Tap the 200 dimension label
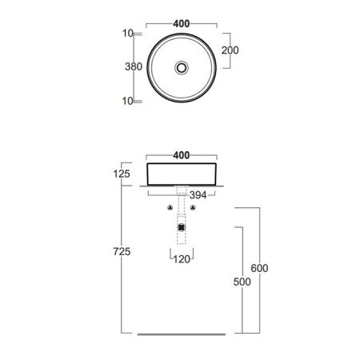[x=230, y=50]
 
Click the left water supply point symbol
[x=170, y=207]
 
